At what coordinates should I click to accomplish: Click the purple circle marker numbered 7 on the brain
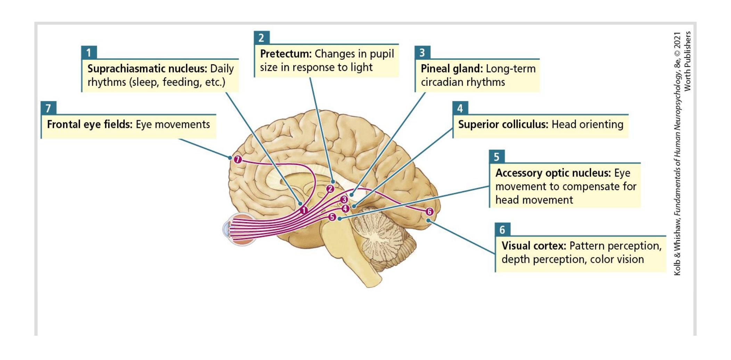click(238, 159)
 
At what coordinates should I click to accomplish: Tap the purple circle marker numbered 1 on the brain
click(304, 210)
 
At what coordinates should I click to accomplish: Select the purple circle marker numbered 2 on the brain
click(330, 189)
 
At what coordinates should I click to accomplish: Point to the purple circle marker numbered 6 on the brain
click(429, 212)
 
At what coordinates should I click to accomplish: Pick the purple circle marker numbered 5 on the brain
click(332, 217)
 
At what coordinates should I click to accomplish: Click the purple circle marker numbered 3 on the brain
click(344, 199)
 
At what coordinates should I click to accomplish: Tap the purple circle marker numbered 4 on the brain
click(345, 208)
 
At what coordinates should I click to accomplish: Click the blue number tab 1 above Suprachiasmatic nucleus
click(89, 52)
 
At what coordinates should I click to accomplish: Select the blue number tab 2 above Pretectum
click(262, 38)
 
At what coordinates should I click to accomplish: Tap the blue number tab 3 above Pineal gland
click(422, 52)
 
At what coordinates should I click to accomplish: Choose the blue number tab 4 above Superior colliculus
click(460, 108)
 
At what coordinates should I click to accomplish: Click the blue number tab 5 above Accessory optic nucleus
click(497, 157)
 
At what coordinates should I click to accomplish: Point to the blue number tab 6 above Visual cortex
click(502, 230)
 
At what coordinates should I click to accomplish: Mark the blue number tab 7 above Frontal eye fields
click(49, 108)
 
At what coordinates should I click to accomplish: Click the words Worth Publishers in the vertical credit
click(688, 61)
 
